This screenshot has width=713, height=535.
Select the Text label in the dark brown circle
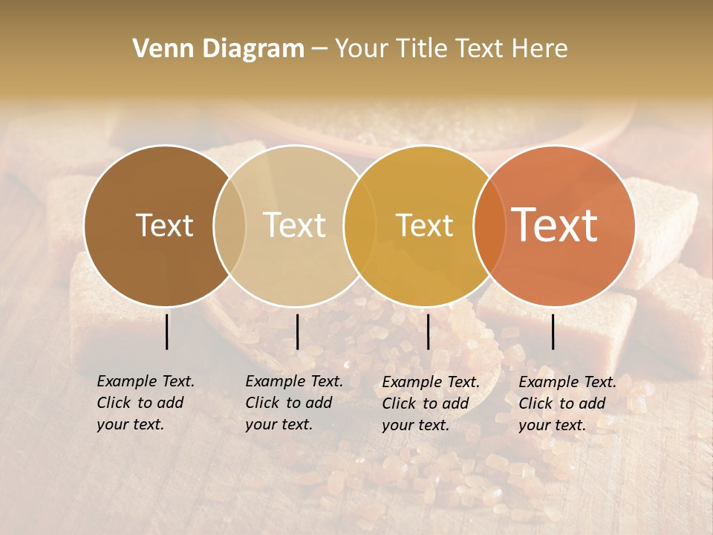[x=164, y=225]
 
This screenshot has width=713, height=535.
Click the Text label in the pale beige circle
[x=294, y=225]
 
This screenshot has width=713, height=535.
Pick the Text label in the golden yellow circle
[x=424, y=225]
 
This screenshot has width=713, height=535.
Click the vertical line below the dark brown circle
[x=166, y=331]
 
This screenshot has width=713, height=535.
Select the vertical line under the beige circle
[x=297, y=331]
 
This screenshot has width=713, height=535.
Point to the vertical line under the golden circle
[x=428, y=331]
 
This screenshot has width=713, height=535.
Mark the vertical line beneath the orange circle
[x=553, y=331]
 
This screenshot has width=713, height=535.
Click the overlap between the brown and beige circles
[x=229, y=225]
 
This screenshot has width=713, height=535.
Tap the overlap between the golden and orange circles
[x=486, y=225]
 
